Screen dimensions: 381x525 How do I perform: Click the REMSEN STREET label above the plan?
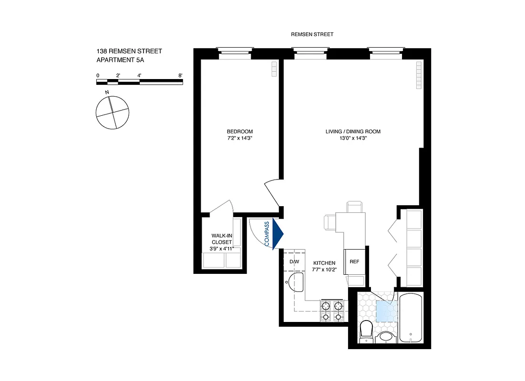point(312,34)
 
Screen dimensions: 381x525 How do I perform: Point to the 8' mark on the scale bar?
point(180,75)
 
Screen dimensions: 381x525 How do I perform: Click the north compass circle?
point(113,112)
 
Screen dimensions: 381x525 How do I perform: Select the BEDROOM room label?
point(239,131)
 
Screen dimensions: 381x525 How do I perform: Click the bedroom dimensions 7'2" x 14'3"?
point(239,139)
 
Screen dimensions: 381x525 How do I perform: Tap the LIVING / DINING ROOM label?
point(353,131)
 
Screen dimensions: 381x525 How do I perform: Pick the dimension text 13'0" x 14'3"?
point(353,139)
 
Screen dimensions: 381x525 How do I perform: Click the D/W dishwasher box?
point(294,262)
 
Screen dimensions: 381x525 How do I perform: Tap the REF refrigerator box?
point(354,262)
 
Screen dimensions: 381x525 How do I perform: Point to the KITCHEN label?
point(324,263)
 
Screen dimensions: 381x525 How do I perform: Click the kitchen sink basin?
point(297,282)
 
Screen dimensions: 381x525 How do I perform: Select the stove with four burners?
point(332,311)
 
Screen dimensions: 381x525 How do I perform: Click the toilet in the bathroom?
point(366,330)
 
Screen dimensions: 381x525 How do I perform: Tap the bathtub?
point(411,318)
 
